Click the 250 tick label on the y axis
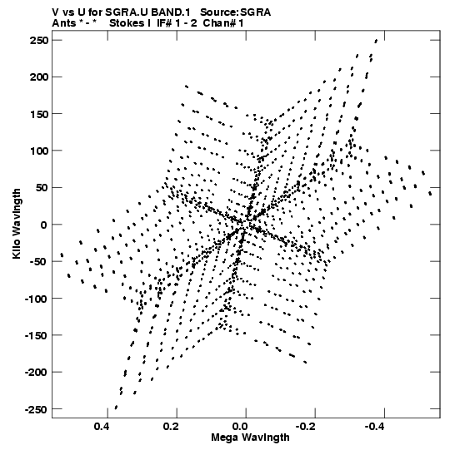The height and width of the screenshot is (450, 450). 39,41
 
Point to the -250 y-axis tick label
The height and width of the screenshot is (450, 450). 36,409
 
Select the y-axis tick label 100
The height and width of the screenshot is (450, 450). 39,151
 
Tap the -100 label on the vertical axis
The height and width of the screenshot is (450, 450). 36,299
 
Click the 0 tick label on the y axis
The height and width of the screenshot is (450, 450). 43,225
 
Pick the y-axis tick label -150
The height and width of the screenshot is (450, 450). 36,336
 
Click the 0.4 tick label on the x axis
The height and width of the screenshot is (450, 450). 102,427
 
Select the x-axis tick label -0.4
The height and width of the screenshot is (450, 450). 375,427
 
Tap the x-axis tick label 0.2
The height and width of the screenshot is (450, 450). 171,427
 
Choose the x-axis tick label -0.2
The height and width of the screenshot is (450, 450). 306,427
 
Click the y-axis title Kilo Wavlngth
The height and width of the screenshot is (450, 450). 17,224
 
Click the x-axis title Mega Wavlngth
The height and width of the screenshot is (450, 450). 250,438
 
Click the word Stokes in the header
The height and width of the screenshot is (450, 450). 127,23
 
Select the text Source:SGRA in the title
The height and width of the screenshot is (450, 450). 236,12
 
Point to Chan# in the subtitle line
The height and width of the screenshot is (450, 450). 217,23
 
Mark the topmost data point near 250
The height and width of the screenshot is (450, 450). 376,41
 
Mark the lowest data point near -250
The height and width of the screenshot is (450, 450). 116,408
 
